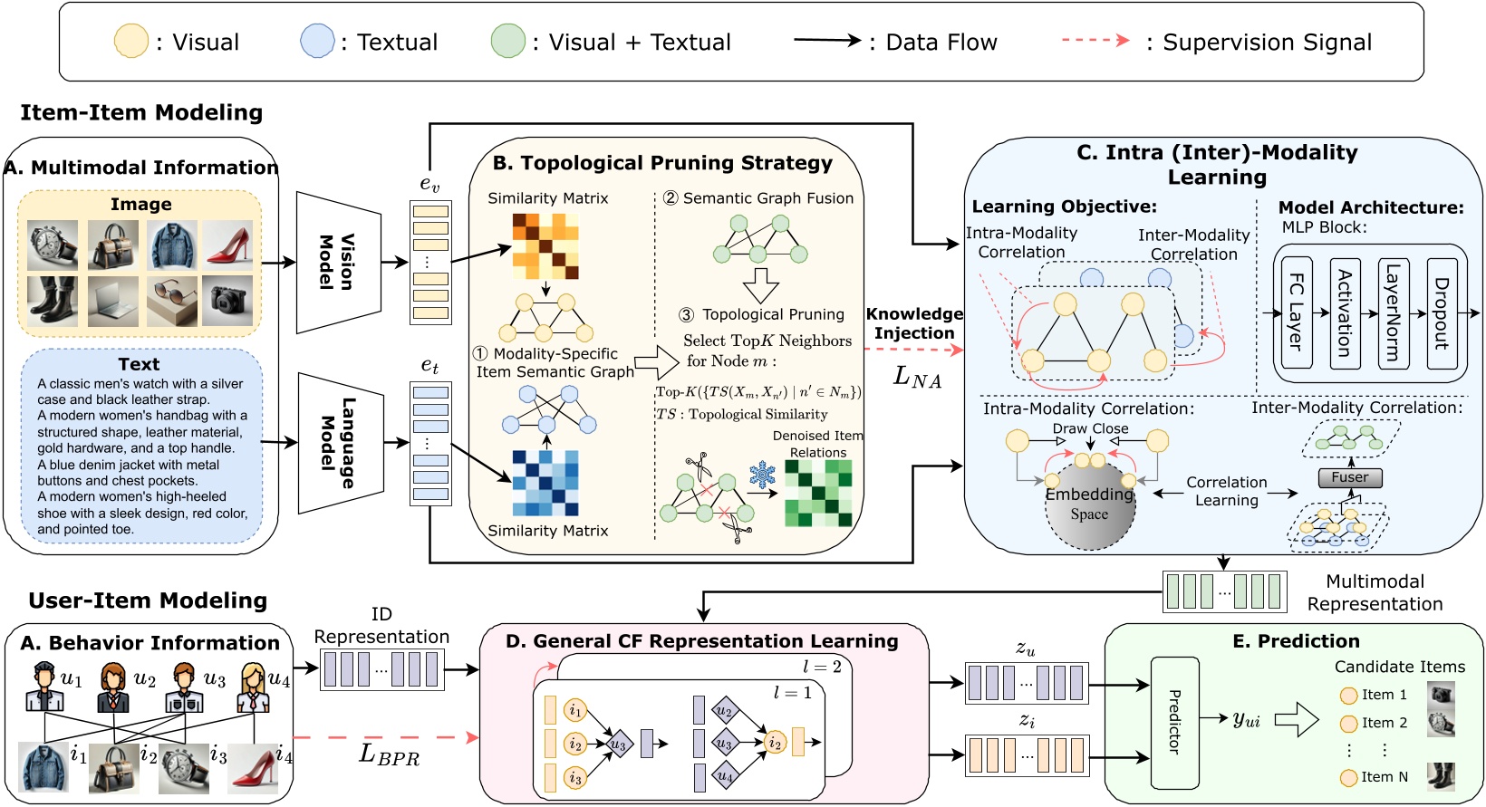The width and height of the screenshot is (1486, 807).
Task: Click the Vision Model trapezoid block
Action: point(338,263)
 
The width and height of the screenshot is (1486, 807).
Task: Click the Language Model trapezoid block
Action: point(338,443)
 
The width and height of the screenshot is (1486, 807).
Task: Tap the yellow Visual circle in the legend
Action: point(130,42)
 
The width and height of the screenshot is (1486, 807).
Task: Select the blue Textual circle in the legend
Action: point(317,42)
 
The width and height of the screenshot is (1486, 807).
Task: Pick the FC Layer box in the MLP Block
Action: point(1296,312)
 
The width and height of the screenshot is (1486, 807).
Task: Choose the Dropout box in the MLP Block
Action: point(1441,312)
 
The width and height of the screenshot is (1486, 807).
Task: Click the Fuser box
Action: point(1349,477)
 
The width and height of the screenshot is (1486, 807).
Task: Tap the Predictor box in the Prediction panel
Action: point(1174,722)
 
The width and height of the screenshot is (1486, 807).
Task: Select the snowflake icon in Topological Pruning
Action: point(762,474)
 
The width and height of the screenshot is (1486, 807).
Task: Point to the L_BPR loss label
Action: point(390,754)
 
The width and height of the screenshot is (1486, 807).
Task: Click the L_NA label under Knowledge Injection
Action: point(917,376)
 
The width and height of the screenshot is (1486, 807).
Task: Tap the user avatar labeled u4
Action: point(252,688)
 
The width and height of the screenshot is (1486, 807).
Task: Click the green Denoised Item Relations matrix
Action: point(818,494)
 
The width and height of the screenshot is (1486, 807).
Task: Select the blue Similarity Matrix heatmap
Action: point(545,483)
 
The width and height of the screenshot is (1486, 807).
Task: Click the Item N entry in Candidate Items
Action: point(1384,776)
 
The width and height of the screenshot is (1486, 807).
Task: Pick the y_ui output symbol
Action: point(1246,719)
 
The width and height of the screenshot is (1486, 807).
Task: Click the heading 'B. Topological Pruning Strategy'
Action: point(662,163)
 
